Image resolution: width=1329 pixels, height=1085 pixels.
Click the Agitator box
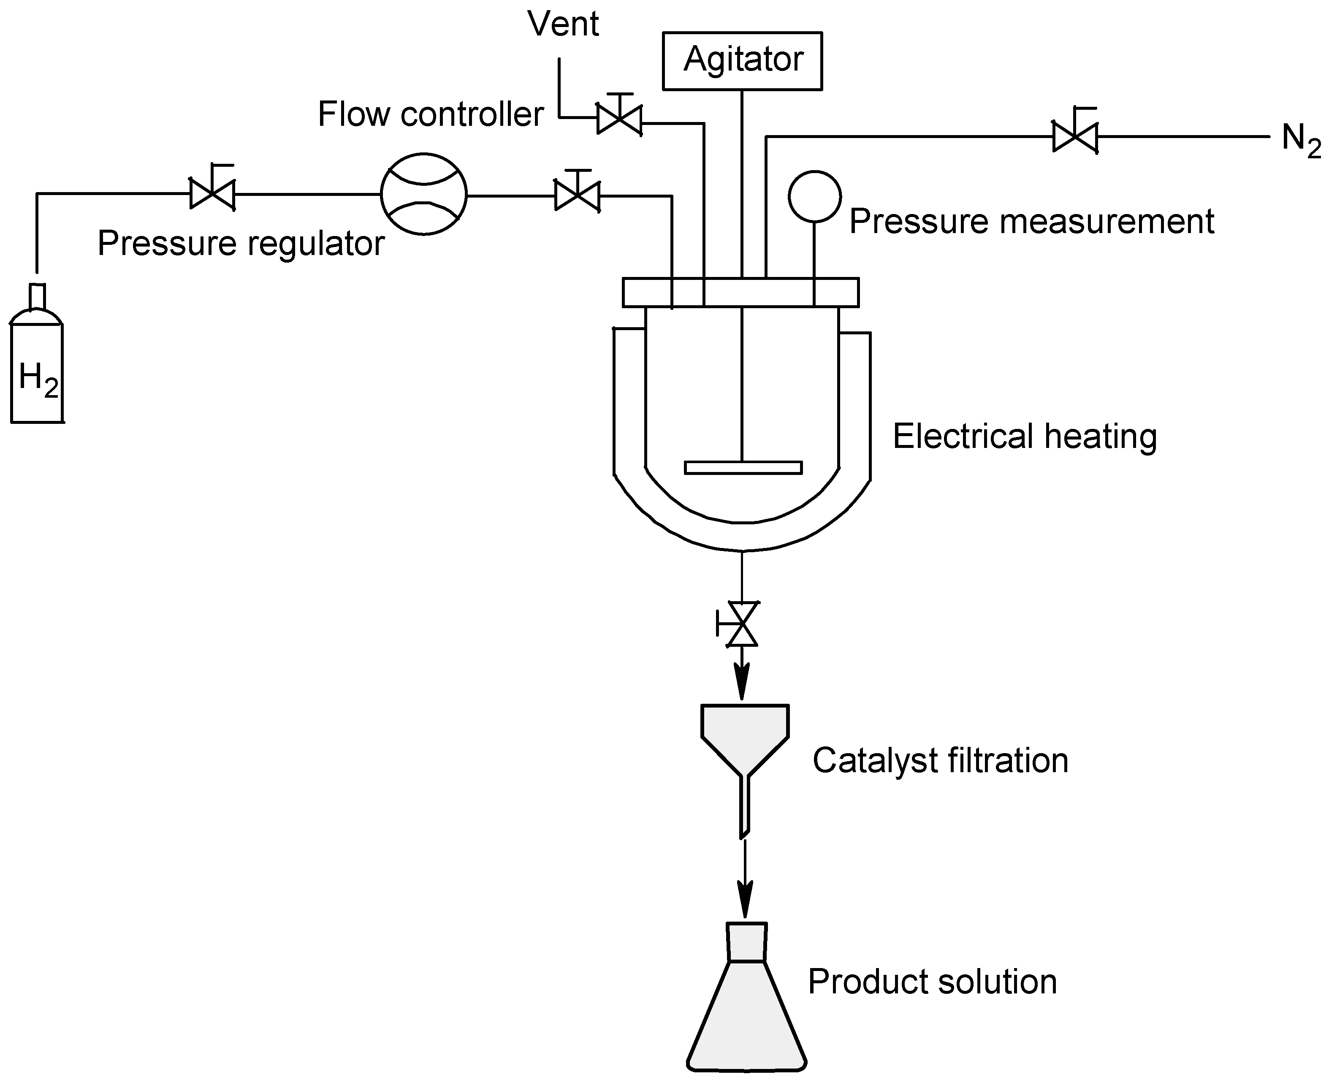point(742,61)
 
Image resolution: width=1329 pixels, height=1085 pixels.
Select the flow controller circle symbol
point(423,194)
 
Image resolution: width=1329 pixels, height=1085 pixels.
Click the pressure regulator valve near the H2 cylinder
point(212,194)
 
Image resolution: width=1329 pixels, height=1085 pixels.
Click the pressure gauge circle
point(814,196)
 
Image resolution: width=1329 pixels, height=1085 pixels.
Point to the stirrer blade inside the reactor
point(743,467)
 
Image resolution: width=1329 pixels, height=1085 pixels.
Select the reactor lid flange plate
point(740,293)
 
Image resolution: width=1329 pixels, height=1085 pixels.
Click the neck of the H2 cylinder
point(38,297)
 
